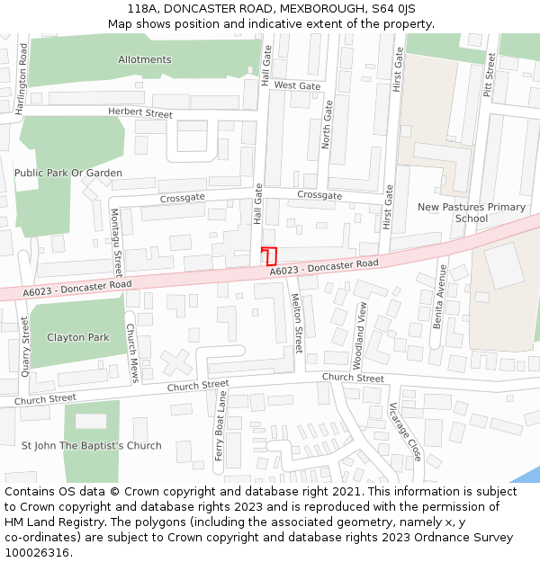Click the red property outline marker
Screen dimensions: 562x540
[268, 255]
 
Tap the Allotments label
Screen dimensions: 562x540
[144, 59]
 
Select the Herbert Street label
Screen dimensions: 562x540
[139, 113]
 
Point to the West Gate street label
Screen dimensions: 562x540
[297, 85]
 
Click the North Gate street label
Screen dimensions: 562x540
[327, 124]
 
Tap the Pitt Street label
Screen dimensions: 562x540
[490, 74]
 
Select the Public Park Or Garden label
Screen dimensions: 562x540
[68, 173]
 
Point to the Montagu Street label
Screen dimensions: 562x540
[115, 243]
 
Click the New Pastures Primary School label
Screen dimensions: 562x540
[471, 213]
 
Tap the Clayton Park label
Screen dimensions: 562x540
[78, 337]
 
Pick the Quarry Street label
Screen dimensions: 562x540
[24, 343]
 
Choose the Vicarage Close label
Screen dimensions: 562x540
[405, 431]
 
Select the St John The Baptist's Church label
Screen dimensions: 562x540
[92, 445]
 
